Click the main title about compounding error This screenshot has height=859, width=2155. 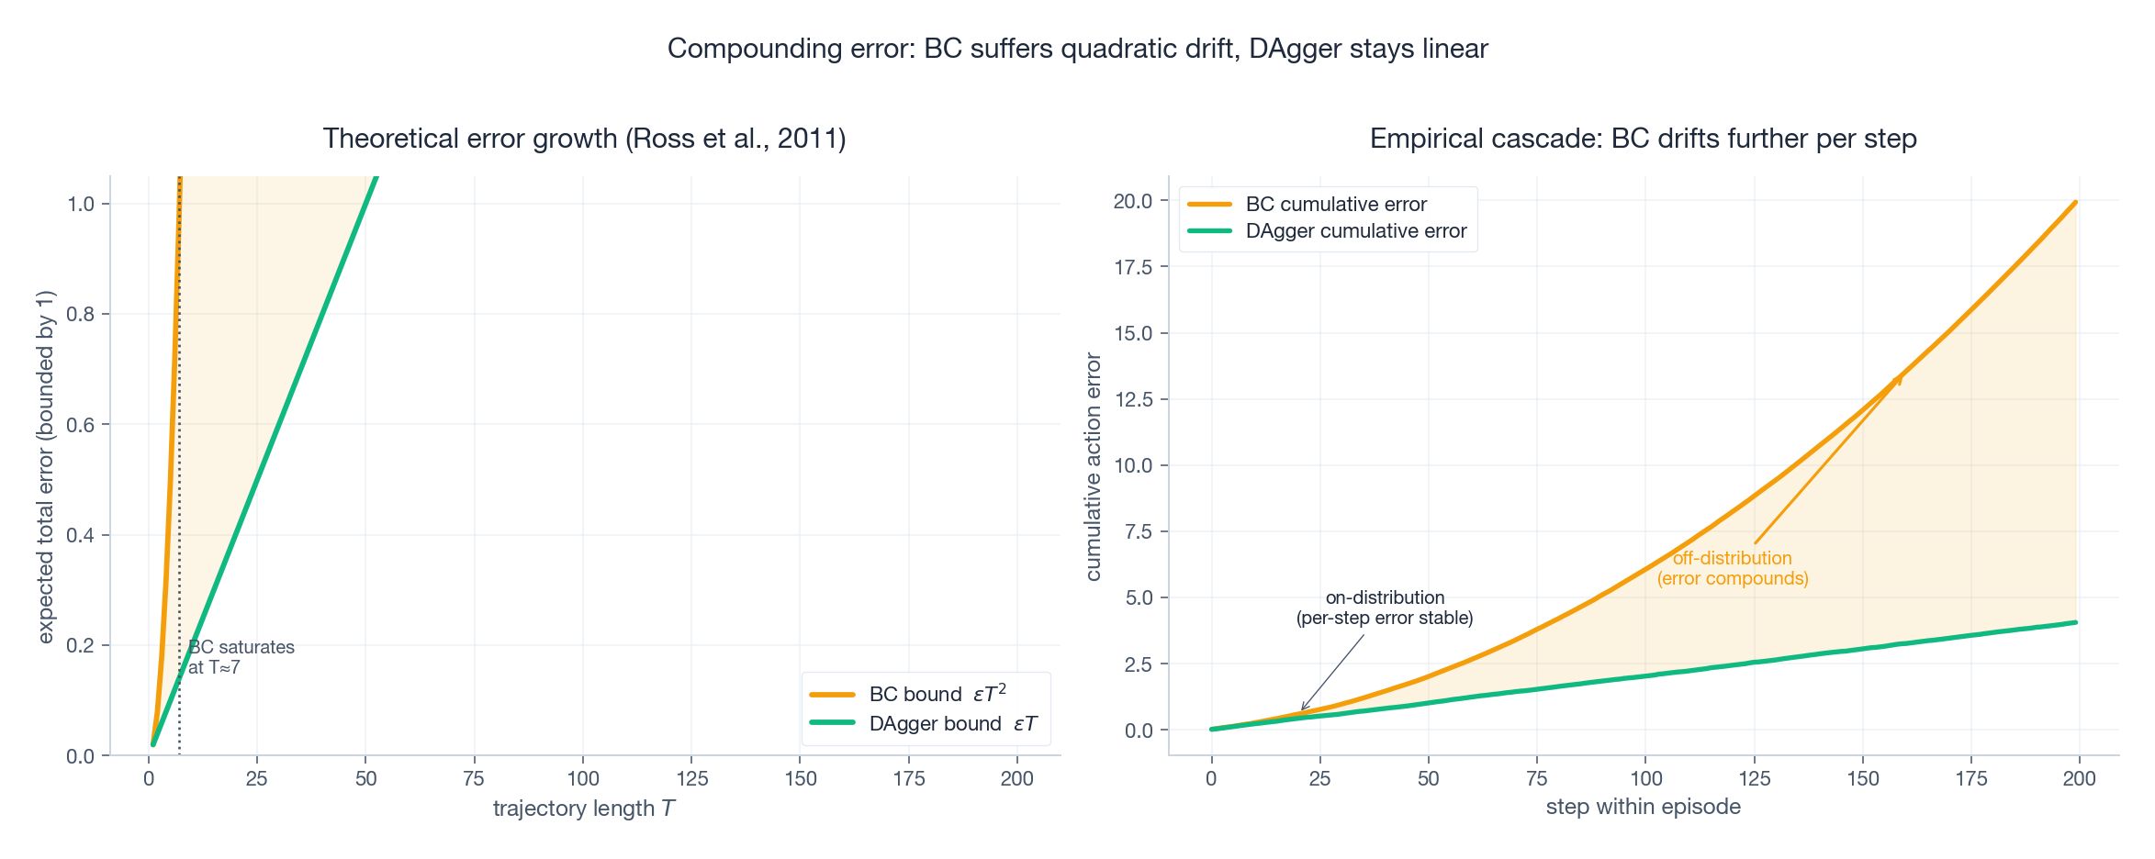(1077, 49)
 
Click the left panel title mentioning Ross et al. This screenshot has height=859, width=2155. (584, 139)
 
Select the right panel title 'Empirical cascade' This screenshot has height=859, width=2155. (1643, 139)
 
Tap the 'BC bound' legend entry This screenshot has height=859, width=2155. (937, 694)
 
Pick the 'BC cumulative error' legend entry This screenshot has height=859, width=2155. (1335, 205)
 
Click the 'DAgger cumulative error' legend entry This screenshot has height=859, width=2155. (1355, 231)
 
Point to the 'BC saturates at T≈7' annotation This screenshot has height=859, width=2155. (241, 657)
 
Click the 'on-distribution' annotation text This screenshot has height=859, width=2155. (1385, 608)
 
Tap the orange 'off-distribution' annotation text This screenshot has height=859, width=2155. (1732, 568)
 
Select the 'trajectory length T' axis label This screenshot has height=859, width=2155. (584, 809)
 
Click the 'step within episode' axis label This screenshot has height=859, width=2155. (1643, 807)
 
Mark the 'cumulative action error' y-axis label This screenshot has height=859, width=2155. (1094, 466)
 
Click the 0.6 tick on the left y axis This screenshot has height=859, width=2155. (82, 425)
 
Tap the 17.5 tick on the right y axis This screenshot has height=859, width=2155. (1132, 267)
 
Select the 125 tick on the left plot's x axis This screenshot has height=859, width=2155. (691, 779)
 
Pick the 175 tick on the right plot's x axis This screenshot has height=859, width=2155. (1970, 779)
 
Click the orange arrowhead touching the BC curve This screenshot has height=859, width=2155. (1898, 379)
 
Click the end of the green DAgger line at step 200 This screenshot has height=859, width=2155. (2075, 623)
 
